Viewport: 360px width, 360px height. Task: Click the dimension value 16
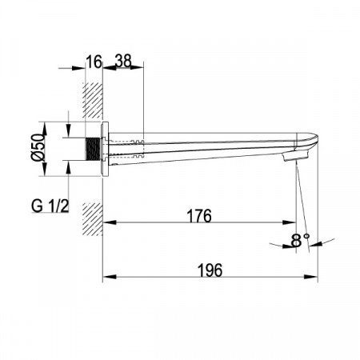click(94, 62)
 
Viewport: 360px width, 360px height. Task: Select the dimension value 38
click(123, 61)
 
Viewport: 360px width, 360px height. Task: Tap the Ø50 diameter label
click(38, 147)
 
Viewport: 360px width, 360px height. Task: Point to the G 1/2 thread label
click(50, 206)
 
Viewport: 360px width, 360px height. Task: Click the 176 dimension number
click(199, 216)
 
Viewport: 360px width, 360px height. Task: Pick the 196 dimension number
click(210, 270)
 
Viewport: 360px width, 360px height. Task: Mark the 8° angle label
click(300, 240)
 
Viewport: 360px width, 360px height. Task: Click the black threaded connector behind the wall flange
click(93, 149)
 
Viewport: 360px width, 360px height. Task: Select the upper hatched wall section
click(92, 101)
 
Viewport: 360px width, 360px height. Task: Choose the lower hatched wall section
click(92, 219)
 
